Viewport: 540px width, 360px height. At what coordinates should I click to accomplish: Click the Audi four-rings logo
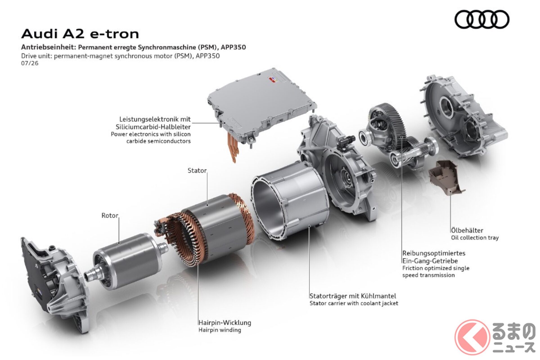click(x=482, y=19)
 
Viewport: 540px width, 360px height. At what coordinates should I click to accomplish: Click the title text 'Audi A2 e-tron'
click(x=80, y=34)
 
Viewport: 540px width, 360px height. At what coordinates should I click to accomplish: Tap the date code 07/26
click(x=30, y=63)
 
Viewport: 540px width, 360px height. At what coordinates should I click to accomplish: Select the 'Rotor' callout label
click(x=110, y=215)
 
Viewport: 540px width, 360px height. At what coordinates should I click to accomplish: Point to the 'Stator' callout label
click(x=197, y=170)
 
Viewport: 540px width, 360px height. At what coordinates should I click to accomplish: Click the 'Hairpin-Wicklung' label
click(x=225, y=323)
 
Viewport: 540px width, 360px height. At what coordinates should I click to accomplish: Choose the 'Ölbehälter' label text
click(x=467, y=230)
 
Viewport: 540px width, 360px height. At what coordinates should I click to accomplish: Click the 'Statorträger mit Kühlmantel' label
click(x=353, y=296)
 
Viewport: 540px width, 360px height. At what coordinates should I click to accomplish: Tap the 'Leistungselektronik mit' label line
click(x=155, y=119)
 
